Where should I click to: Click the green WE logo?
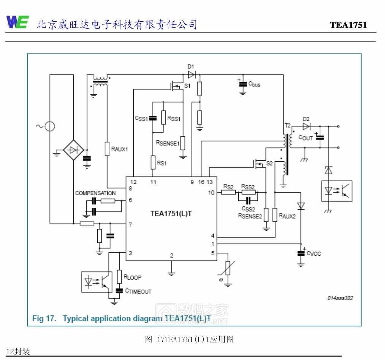click(17, 22)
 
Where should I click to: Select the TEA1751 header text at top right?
click(348, 25)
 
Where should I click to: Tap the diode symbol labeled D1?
click(191, 75)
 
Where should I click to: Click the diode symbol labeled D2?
click(307, 126)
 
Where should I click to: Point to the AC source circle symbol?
click(49, 126)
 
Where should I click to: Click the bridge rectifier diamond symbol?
click(73, 150)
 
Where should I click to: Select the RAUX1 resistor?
click(107, 149)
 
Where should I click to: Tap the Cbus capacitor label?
click(254, 84)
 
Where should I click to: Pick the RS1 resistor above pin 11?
click(153, 162)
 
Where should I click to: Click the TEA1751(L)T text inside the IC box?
click(171, 213)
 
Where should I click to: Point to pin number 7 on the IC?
click(130, 225)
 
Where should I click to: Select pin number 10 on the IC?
click(212, 193)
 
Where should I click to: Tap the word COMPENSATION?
click(95, 193)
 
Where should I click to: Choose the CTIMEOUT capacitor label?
click(138, 291)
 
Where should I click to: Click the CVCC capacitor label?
click(314, 253)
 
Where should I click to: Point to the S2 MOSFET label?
click(269, 163)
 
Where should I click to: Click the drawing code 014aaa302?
click(340, 298)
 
